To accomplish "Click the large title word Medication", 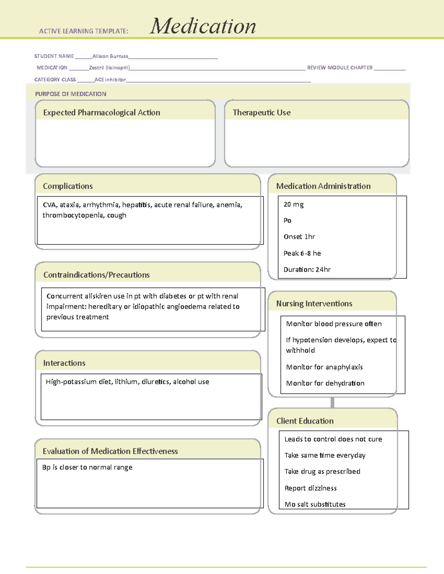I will (x=202, y=26).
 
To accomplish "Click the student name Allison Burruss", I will (x=110, y=56).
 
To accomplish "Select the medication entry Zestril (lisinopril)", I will (x=110, y=68).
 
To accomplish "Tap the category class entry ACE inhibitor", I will (x=110, y=79).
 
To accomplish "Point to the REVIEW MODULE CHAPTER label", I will (x=340, y=68).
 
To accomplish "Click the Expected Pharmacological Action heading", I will (x=102, y=113).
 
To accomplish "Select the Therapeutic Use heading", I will (x=262, y=113).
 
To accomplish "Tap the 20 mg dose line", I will (x=294, y=204).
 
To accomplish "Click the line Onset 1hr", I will (x=299, y=237).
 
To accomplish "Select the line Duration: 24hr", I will (x=307, y=269).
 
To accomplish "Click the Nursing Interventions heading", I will (x=314, y=303).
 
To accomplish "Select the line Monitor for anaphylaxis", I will (x=324, y=367).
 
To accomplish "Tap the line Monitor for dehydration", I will (x=325, y=383).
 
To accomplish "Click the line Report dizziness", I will (x=310, y=488).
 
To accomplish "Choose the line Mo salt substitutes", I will (x=315, y=504).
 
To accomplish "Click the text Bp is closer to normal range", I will (x=87, y=467).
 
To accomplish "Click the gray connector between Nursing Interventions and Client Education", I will (x=332, y=403).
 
